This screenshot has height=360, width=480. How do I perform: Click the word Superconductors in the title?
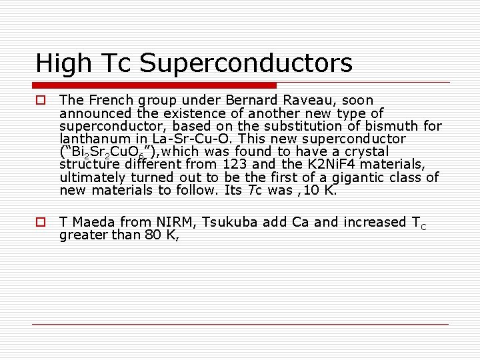[246, 64]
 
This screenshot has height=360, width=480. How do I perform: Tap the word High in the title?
[62, 64]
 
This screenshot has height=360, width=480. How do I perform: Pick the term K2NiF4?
[325, 165]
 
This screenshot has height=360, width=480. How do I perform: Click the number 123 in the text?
[235, 165]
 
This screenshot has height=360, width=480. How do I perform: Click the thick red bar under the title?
[155, 85]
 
